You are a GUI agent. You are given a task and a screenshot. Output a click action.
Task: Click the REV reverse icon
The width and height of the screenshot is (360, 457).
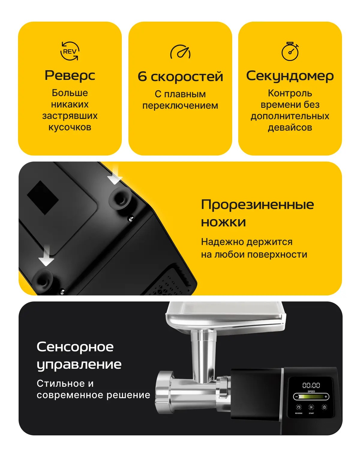(70, 51)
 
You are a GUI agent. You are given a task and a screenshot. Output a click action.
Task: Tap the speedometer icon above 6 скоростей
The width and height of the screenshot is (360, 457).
(180, 52)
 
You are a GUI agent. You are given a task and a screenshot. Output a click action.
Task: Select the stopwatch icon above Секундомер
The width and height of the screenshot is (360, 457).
(290, 51)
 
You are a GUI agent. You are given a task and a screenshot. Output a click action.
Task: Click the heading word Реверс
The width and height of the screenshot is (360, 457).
(70, 76)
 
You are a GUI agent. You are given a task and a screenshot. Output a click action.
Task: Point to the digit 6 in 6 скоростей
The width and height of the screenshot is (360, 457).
(142, 76)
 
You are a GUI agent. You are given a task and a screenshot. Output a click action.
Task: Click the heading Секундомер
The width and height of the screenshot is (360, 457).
(290, 76)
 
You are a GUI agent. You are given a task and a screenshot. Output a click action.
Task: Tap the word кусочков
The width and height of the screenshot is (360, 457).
(70, 127)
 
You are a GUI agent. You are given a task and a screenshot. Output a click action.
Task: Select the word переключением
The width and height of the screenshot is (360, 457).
(180, 106)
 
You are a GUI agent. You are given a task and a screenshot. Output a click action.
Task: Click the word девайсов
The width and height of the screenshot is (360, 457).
(290, 127)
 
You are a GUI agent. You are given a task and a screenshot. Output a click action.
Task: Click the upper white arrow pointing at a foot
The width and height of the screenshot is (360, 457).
(115, 175)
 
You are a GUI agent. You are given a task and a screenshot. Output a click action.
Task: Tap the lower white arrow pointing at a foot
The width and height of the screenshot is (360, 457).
(46, 256)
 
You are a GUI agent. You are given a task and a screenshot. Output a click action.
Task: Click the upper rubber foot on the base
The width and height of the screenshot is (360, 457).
(120, 198)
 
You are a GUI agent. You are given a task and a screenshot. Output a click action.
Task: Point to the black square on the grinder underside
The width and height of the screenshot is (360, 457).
(43, 198)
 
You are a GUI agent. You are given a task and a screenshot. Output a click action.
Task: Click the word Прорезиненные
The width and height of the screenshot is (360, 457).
(257, 205)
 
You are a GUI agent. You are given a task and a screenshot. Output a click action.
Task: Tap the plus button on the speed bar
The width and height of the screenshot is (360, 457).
(325, 396)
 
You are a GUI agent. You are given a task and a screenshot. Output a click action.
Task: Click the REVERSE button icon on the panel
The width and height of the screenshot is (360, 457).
(299, 407)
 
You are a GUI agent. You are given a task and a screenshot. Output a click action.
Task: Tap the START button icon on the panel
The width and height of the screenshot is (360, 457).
(311, 407)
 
